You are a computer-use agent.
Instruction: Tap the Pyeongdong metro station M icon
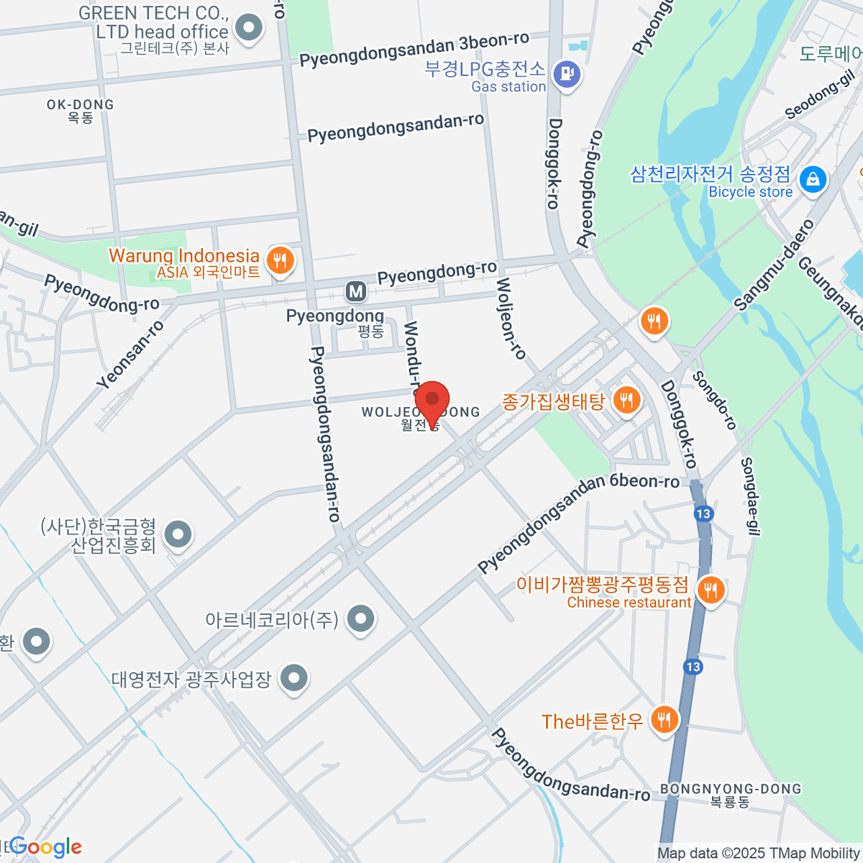pyautogui.click(x=355, y=291)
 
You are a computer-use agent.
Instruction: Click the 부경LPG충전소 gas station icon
pyautogui.click(x=567, y=73)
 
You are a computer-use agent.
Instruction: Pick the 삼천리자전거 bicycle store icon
pyautogui.click(x=813, y=178)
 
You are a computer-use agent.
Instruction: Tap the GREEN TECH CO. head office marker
pyautogui.click(x=250, y=29)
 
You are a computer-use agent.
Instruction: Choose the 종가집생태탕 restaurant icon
pyautogui.click(x=626, y=400)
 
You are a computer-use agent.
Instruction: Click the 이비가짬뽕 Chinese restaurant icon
pyautogui.click(x=711, y=590)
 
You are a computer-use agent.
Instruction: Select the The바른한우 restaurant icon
pyautogui.click(x=664, y=718)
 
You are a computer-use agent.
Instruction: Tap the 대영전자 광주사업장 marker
pyautogui.click(x=293, y=677)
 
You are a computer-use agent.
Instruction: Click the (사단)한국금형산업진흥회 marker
pyautogui.click(x=178, y=534)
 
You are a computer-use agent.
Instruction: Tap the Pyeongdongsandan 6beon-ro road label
pyautogui.click(x=578, y=521)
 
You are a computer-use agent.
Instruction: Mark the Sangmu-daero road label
pyautogui.click(x=774, y=265)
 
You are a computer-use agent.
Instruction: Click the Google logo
pyautogui.click(x=45, y=847)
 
